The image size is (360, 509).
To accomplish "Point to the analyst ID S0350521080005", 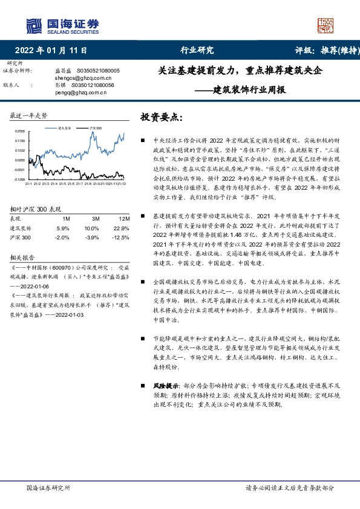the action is [96, 71].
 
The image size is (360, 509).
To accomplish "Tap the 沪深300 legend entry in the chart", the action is [95, 128].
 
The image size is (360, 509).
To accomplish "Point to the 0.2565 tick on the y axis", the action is [19, 131].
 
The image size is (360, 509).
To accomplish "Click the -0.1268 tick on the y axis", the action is [19, 180].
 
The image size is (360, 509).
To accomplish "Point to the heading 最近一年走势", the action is [29, 115].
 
